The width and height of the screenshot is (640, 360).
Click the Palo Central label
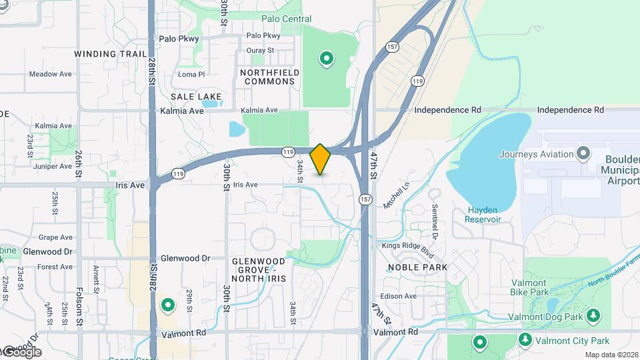tap(287, 19)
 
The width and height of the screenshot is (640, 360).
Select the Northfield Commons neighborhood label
tap(269, 76)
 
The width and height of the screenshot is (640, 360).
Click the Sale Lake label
tap(191, 97)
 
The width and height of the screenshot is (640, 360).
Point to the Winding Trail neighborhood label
tap(110, 54)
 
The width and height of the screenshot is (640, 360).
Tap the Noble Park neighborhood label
tap(418, 267)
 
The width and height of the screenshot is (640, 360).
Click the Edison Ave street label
tap(399, 296)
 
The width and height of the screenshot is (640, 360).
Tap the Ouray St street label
tap(261, 50)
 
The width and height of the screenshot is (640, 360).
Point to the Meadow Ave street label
tap(50, 74)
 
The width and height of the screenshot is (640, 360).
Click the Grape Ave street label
tap(55, 237)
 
